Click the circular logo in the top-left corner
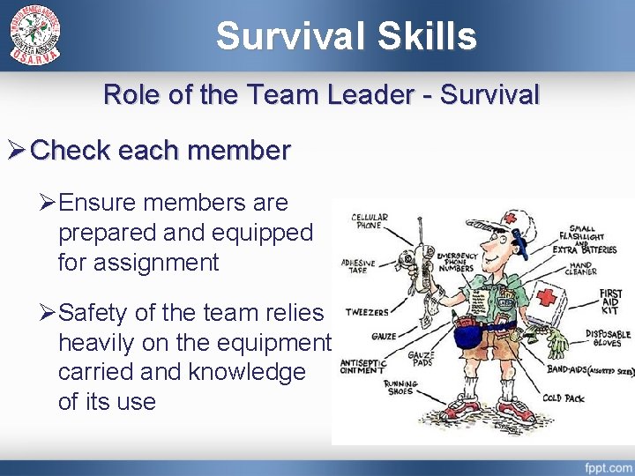pos(35,36)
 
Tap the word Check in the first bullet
pos(70,151)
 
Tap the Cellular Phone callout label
pos(370,221)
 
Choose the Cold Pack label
pos(564,398)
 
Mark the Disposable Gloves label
pos(609,339)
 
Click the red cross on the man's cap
pos(511,218)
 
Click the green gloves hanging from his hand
pos(557,343)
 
